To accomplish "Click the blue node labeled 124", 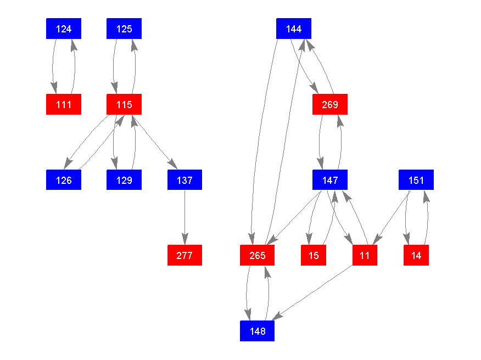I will click(x=64, y=29).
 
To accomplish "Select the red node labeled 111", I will click(x=64, y=104).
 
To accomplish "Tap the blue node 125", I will click(x=124, y=29).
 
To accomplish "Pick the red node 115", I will click(x=124, y=104).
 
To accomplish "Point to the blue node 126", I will click(x=64, y=180).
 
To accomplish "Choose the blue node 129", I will click(x=124, y=180).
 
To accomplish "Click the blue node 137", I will click(x=184, y=180).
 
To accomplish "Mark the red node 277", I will click(x=184, y=255).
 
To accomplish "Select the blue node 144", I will click(x=294, y=29).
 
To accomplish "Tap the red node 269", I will click(x=330, y=104).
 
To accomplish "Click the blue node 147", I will click(x=330, y=180).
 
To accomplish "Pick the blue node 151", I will click(x=416, y=180).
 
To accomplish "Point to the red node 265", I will click(x=257, y=255).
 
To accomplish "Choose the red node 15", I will click(x=314, y=255).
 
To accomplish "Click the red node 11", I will click(x=365, y=255).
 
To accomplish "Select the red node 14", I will click(x=416, y=255).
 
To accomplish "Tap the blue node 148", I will click(x=257, y=331).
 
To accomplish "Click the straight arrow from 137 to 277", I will click(x=184, y=217).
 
